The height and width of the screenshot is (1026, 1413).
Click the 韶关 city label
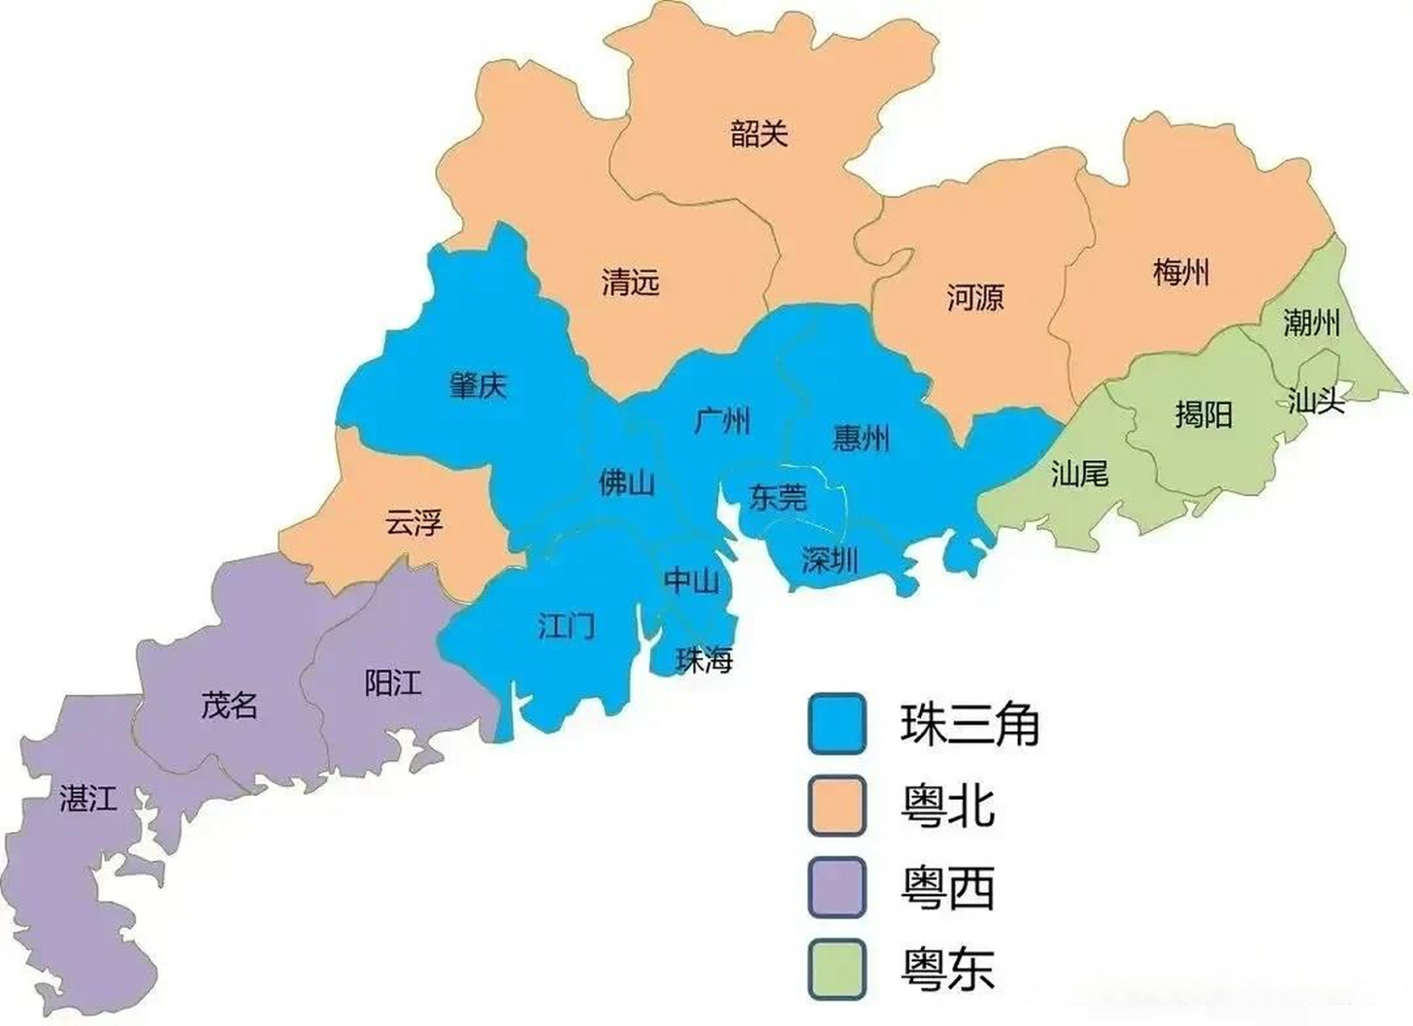759,133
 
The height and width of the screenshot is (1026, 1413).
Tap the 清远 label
630,282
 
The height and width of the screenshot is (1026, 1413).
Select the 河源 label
975,297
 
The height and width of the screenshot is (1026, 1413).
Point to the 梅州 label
1181,273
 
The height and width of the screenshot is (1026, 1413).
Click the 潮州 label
1311,323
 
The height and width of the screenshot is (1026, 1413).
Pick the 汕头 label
1315,399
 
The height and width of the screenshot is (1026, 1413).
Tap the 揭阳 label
1203,414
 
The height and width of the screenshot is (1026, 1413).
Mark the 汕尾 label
1079,475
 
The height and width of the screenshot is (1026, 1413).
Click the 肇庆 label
478,386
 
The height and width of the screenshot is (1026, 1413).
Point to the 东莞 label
777,498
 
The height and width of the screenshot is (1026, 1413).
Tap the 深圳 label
830,559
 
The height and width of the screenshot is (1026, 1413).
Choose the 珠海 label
704,660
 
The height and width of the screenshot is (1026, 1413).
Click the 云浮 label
414,523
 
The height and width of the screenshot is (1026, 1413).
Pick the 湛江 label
88,798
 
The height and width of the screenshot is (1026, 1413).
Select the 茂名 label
229,705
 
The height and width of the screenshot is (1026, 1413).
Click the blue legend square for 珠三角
837,724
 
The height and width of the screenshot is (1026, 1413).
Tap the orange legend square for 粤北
837,806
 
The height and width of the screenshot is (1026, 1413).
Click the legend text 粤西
947,888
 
